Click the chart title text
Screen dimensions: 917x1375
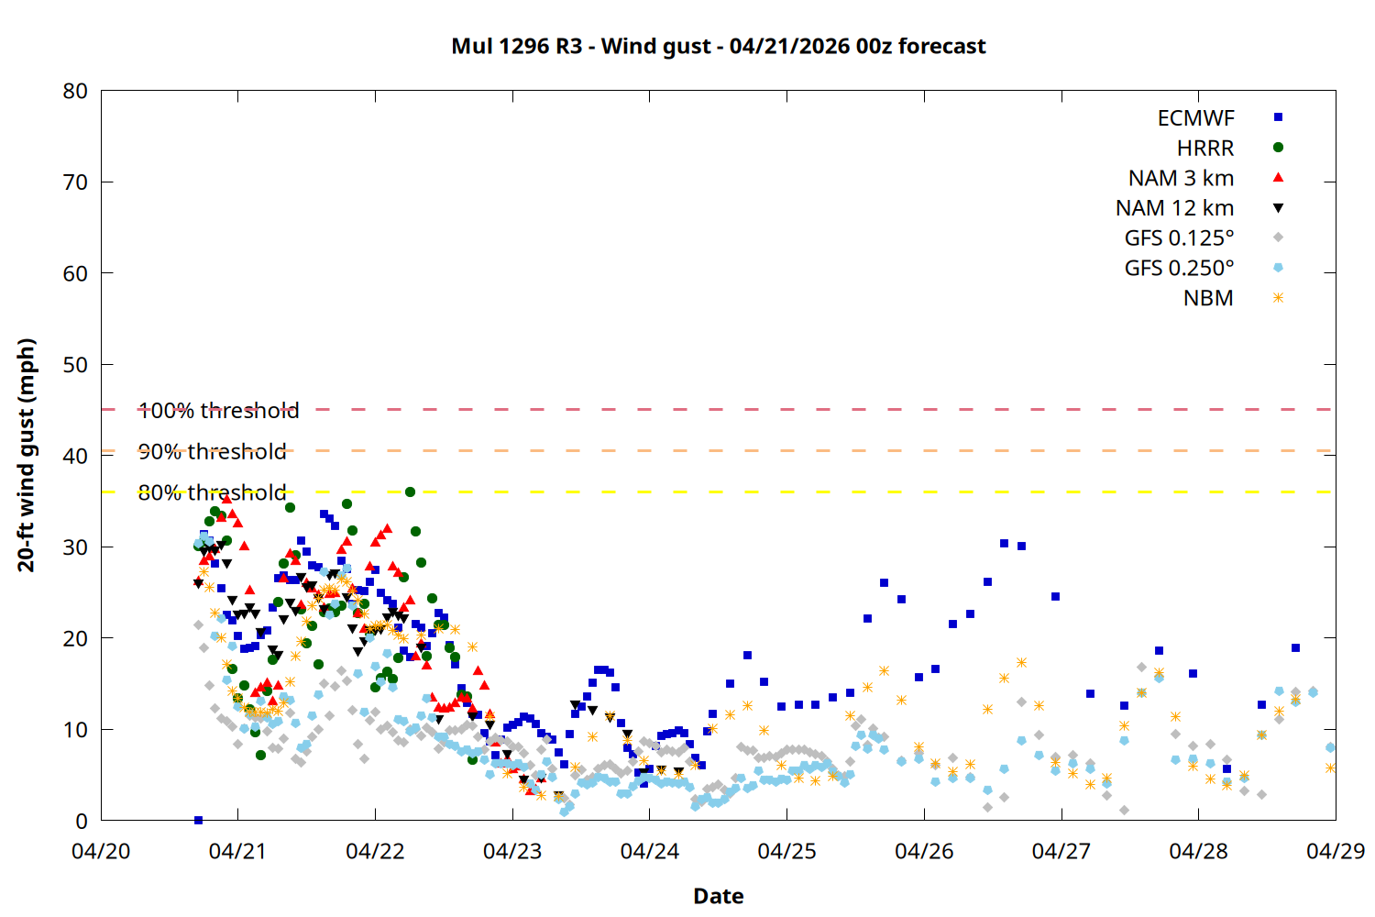pos(719,46)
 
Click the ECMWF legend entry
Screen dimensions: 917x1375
pos(1195,118)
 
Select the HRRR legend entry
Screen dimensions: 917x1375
pos(1205,149)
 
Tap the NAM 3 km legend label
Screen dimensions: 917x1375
pos(1181,178)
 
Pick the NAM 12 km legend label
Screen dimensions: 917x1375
pos(1174,208)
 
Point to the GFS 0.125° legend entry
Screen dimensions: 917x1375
pos(1179,238)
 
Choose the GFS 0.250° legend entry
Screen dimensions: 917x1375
pos(1179,269)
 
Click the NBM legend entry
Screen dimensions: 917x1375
pos(1208,298)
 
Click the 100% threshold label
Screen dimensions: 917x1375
pos(218,411)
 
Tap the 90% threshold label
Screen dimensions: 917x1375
pos(212,452)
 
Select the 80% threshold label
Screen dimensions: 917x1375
pos(212,493)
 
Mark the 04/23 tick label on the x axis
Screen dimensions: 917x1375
pos(512,851)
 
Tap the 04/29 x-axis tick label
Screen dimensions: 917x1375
pos(1335,851)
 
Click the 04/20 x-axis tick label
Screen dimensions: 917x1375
pos(101,851)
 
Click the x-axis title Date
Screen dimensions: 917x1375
pos(719,896)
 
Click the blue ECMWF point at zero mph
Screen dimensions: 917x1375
pos(198,820)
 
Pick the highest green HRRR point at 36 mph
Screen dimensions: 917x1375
pos(410,492)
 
